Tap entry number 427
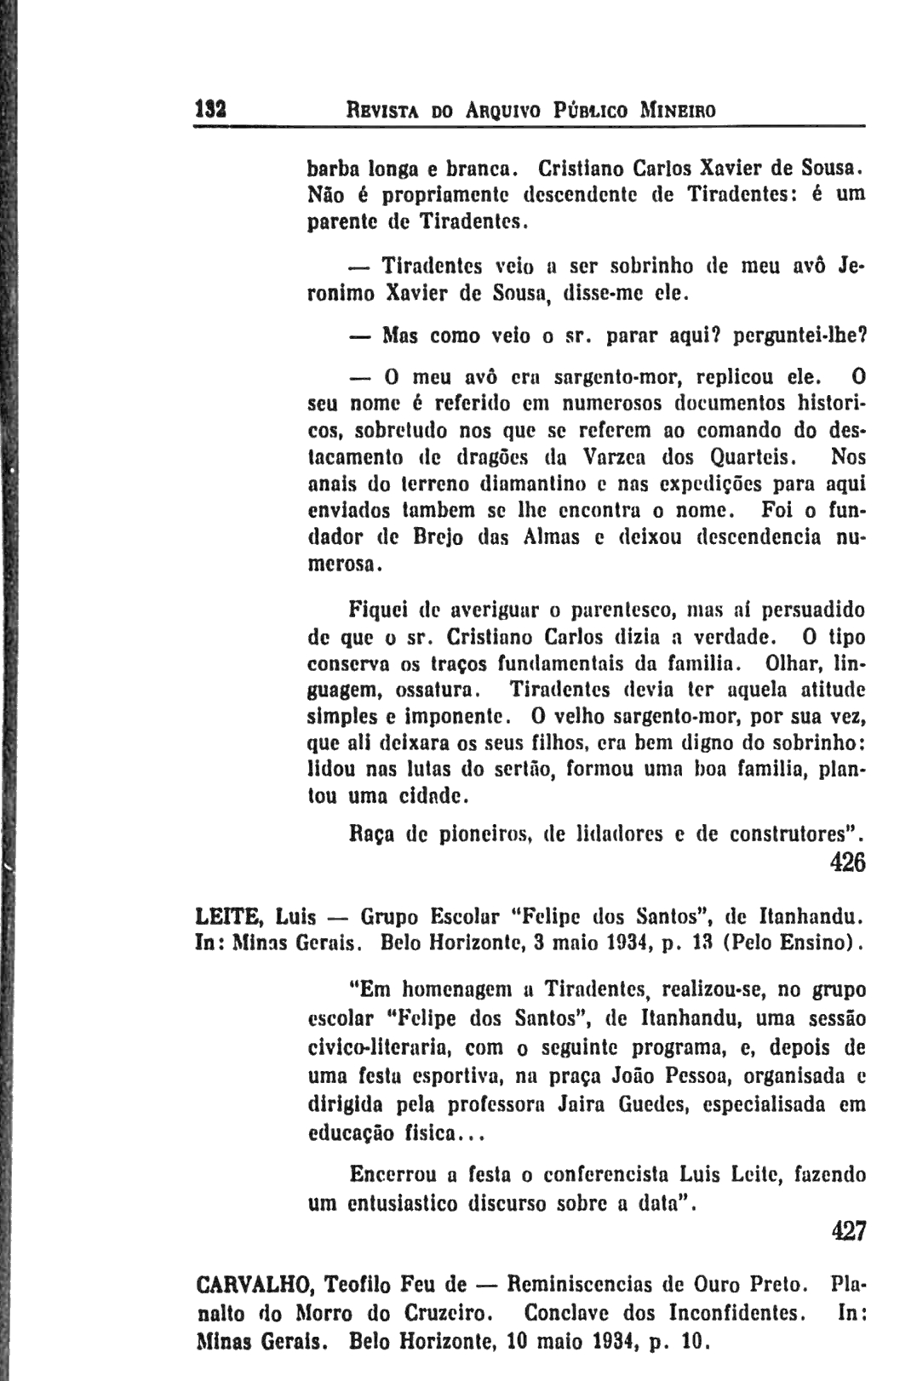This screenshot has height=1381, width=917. [847, 1231]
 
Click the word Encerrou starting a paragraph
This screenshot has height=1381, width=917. [393, 1175]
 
